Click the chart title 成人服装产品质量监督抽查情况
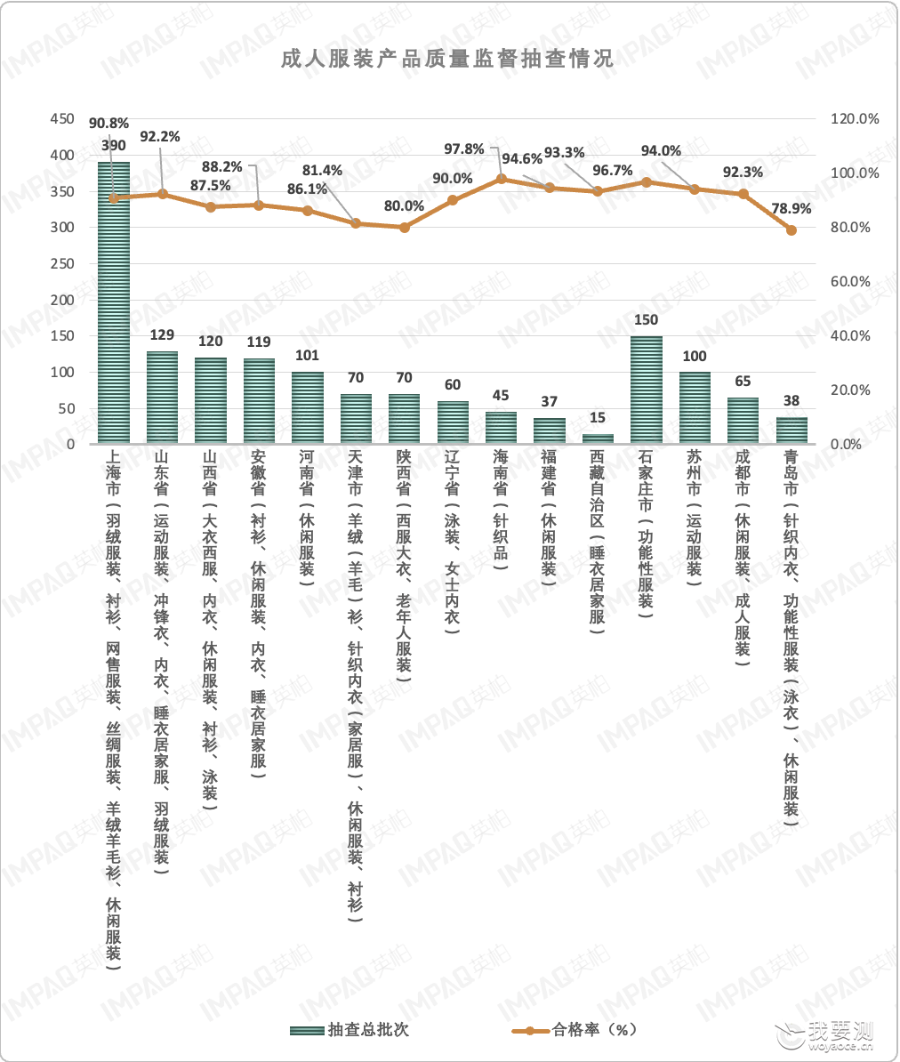[x=447, y=58]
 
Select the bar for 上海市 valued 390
[x=114, y=302]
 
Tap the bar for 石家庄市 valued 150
[x=646, y=390]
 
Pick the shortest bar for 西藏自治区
[x=598, y=438]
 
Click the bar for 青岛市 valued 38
[x=791, y=430]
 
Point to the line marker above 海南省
[x=501, y=179]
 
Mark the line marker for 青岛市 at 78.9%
[x=791, y=230]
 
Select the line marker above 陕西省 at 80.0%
[x=405, y=228]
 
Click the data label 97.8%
[x=464, y=149]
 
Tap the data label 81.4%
[x=322, y=171]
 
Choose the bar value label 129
[x=162, y=335]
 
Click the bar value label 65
[x=743, y=382]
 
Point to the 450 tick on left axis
[x=62, y=118]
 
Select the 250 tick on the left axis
[x=62, y=263]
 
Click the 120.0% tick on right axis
[x=855, y=118]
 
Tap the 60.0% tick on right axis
[x=850, y=281]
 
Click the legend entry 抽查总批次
[x=350, y=1029]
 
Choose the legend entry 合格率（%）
[x=575, y=1029]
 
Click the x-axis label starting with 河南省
[x=308, y=512]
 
